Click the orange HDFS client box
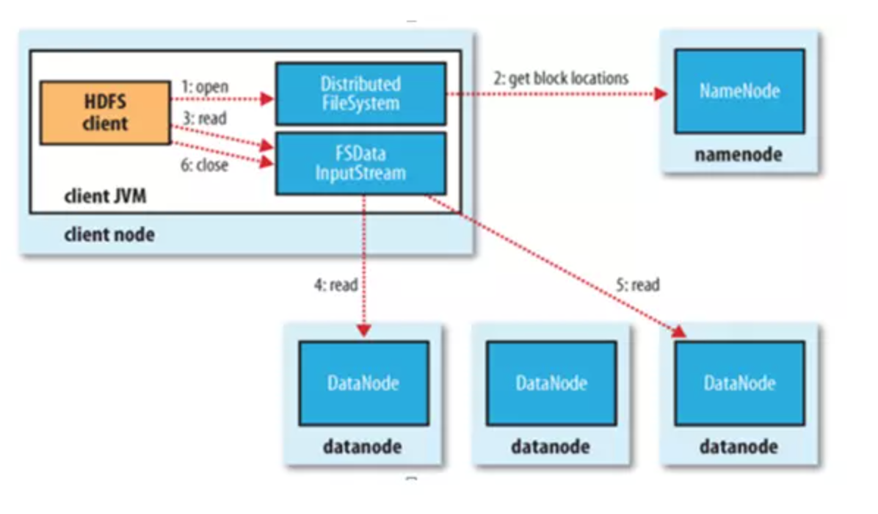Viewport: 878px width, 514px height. (105, 112)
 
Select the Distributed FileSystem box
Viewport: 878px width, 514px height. (360, 93)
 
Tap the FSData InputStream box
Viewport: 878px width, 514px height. (360, 164)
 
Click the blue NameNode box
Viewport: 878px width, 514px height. (739, 92)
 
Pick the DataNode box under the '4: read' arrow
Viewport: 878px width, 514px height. (363, 383)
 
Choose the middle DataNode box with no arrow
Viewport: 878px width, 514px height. (551, 383)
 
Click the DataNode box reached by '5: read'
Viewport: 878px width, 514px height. (739, 383)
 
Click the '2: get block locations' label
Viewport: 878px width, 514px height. (560, 78)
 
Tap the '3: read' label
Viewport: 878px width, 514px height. (203, 117)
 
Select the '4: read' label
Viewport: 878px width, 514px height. (335, 284)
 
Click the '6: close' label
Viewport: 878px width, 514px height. (204, 165)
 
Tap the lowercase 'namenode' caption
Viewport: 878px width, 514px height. (739, 155)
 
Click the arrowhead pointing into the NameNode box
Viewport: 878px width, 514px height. (661, 94)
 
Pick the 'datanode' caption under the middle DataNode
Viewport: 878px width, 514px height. (551, 446)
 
